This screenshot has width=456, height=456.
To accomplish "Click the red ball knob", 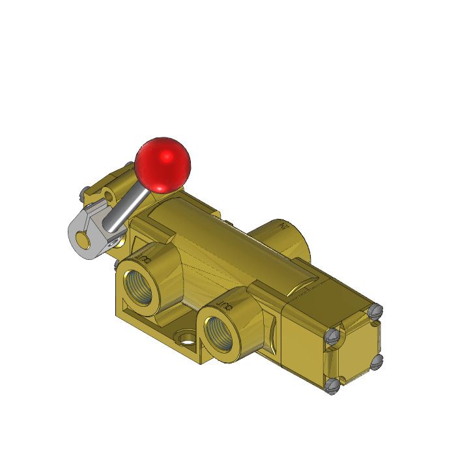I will [x=164, y=165].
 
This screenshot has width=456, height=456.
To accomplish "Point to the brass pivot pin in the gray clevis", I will [x=82, y=240].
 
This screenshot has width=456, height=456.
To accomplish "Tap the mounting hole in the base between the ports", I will [x=186, y=339].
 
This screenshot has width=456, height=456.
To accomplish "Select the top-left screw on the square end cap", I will [x=332, y=335].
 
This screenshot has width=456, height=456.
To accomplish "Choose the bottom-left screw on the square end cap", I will [x=332, y=386].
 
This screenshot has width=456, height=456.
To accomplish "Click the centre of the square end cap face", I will [x=354, y=348].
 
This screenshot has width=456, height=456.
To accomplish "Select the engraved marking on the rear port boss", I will [x=284, y=227].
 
